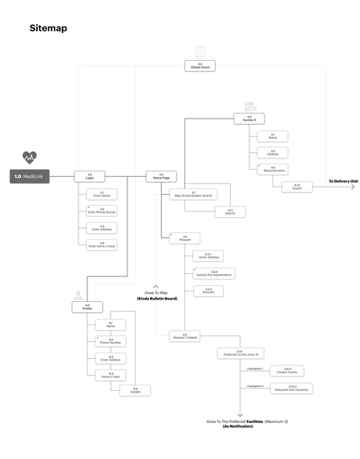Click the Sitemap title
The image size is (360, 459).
pos(48,29)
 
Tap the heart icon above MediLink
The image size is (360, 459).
pos(30,157)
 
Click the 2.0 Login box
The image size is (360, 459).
pos(89,175)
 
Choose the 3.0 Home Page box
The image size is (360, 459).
pos(160,175)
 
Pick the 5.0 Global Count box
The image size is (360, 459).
pos(200,66)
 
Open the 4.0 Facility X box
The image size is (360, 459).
pos(249,119)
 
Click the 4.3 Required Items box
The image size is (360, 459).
pos(273,169)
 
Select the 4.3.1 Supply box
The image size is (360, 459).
pos(297,187)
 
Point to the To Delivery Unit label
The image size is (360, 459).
pos(343,182)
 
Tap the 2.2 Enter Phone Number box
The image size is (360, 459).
pos(103,211)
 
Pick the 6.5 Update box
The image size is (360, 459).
pos(135,390)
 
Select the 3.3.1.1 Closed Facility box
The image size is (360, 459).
pos(288,371)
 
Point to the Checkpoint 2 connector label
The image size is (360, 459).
pos(255,386)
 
